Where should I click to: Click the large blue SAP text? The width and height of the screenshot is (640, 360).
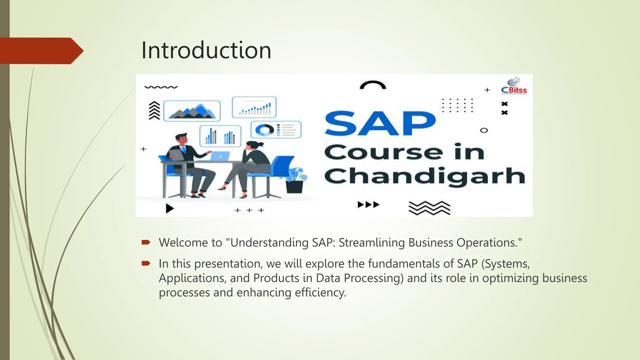click(x=380, y=123)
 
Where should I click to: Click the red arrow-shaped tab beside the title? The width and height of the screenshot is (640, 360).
click(x=41, y=51)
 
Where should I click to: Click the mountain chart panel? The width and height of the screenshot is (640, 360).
click(x=192, y=111)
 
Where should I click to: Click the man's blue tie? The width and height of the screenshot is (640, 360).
click(x=184, y=150)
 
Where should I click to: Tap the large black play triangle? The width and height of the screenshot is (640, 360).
click(x=169, y=208)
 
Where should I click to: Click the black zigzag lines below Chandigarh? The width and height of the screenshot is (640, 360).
click(x=429, y=208)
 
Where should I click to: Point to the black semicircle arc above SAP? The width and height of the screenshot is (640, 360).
click(x=373, y=85)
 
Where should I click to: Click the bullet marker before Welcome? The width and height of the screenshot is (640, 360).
click(x=146, y=242)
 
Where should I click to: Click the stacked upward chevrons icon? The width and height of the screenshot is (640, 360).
click(x=154, y=111)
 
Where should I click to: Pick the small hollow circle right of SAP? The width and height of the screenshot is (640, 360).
click(x=484, y=130)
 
